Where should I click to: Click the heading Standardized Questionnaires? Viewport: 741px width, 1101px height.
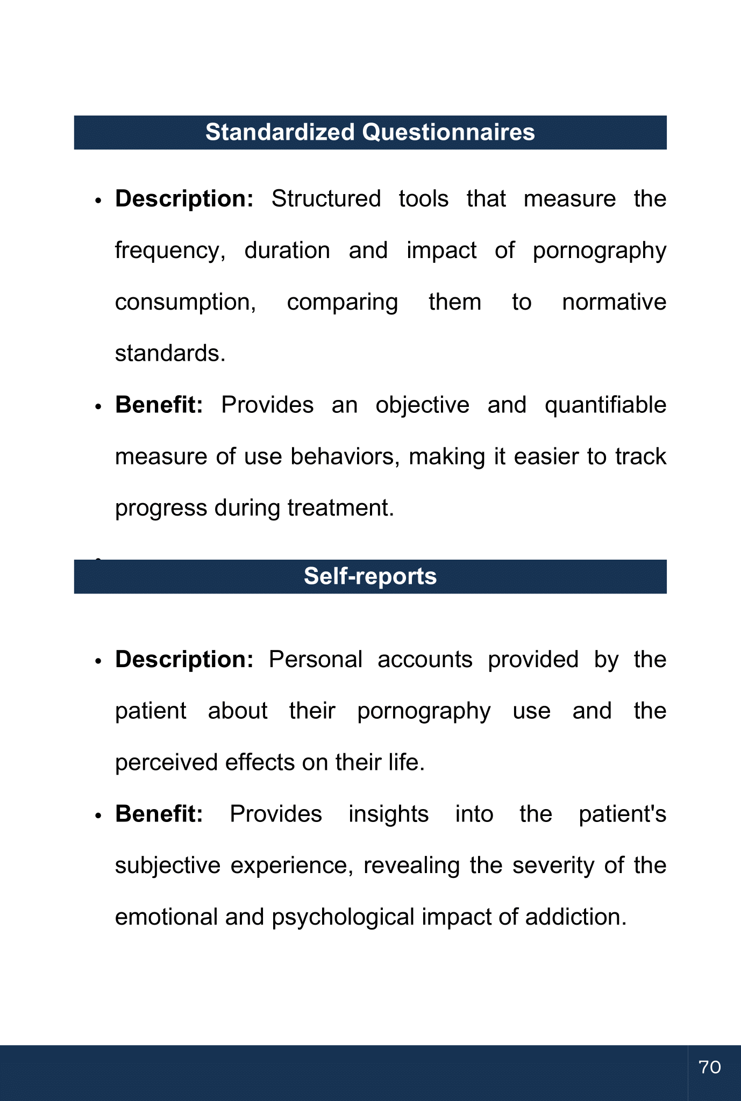coord(370,132)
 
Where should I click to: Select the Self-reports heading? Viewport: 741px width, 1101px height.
coord(370,576)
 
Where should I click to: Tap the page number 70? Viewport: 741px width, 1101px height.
coord(710,1067)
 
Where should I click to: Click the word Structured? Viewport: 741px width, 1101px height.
coord(326,199)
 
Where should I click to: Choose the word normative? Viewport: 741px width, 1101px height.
coord(614,302)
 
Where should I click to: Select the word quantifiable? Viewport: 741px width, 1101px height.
coord(605,405)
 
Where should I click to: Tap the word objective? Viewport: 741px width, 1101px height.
coord(422,405)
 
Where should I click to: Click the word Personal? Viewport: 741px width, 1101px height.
coord(316,660)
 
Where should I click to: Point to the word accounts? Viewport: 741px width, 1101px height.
coord(425,660)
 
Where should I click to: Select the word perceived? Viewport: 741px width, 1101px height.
coord(167,763)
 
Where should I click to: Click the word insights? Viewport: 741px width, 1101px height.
coord(388,814)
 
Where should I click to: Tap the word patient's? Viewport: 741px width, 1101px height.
coord(622,814)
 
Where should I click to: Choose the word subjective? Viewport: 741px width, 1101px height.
coord(168,866)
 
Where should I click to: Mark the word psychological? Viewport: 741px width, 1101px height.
coord(343,917)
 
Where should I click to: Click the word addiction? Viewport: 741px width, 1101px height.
coord(575,917)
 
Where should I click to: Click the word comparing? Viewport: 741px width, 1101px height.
coord(343,303)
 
